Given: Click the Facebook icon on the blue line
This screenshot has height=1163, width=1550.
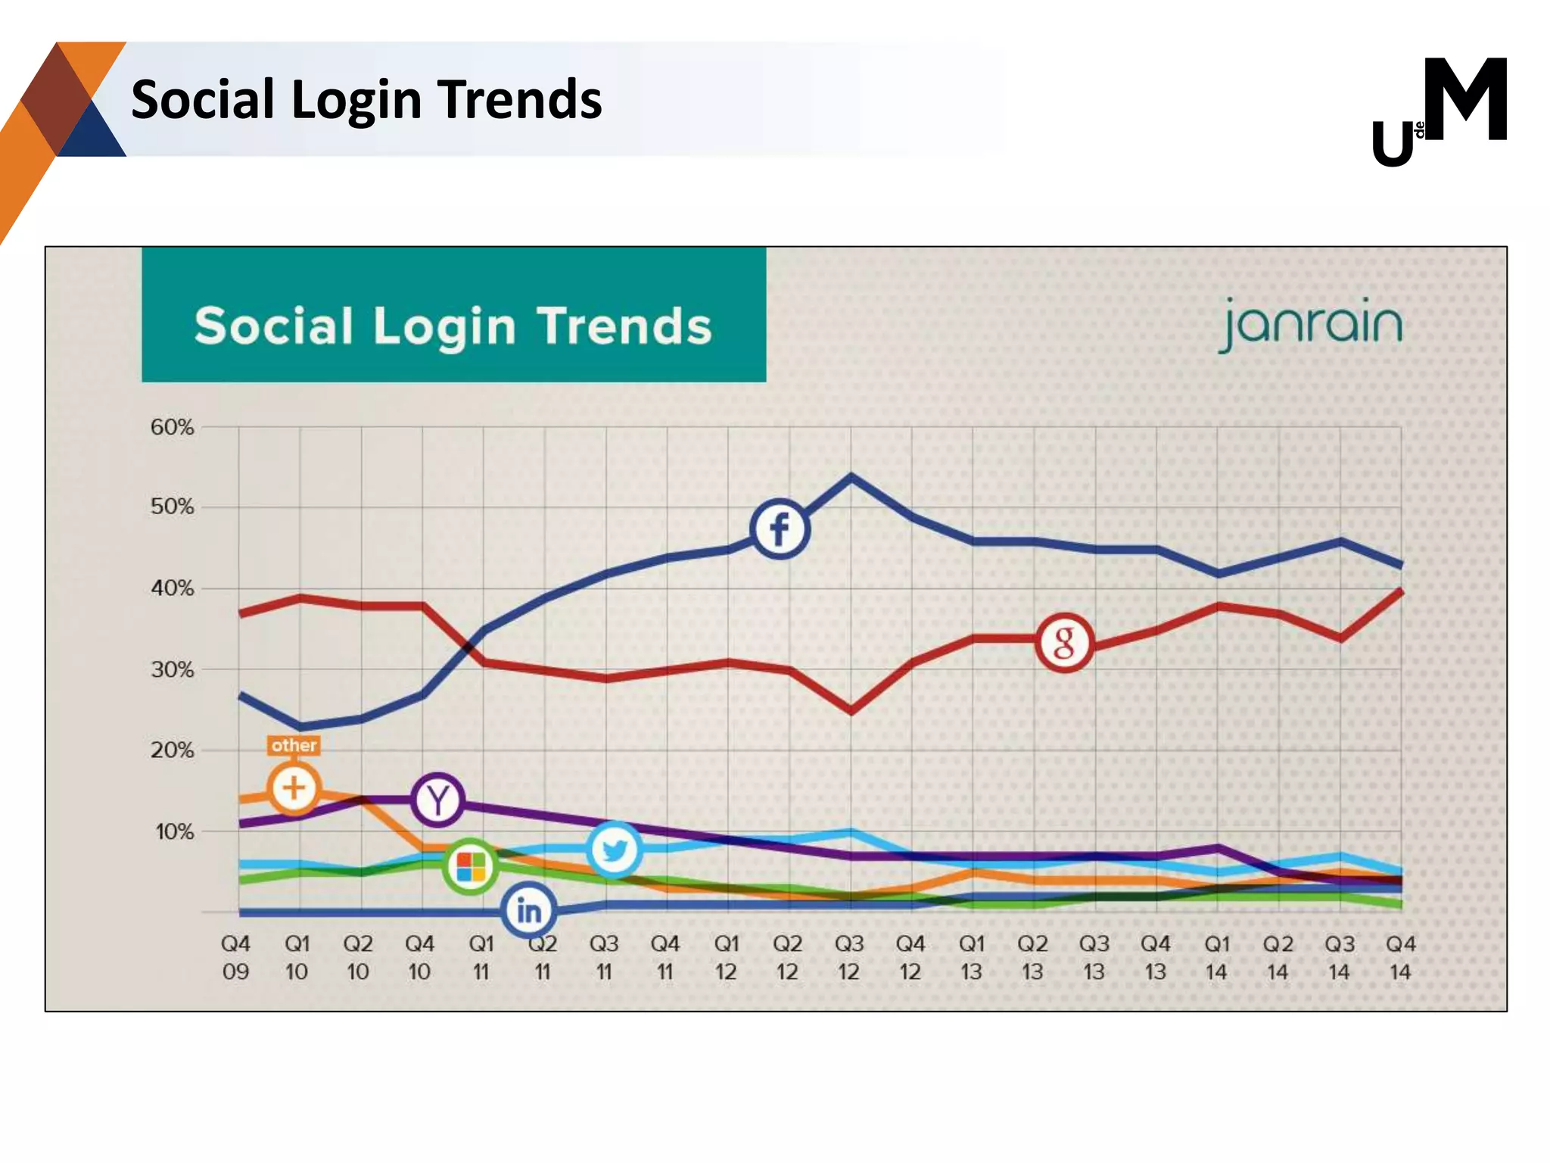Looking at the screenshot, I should pos(780,528).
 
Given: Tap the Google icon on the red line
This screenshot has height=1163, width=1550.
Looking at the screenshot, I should pos(1063,643).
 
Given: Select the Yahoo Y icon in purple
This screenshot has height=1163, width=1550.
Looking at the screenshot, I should pos(437,800).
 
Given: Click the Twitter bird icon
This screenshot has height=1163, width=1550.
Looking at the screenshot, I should pos(614,849).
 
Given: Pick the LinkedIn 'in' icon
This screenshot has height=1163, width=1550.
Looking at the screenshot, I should pos(528,911).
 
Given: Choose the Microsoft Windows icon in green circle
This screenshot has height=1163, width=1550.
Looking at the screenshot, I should pos(471,867).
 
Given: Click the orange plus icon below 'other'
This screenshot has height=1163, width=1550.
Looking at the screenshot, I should pos(294,788).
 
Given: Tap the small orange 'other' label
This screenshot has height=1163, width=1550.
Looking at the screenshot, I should pos(294,746).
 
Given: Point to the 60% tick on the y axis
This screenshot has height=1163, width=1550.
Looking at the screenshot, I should pos(172,427).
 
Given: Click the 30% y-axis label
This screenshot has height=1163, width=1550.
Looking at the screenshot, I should pos(172,669).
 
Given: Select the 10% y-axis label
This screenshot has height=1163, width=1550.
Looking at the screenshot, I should pos(174,831).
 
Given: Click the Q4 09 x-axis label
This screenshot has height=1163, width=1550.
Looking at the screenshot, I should pos(235,957).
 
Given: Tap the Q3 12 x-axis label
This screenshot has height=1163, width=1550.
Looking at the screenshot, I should pos(848,957).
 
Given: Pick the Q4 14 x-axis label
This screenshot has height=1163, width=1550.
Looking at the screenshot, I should pos(1400,957).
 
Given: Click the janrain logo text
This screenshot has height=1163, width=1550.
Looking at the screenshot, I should pos(1311,325).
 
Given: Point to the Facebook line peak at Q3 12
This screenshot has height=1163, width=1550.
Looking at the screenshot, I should pos(851,477).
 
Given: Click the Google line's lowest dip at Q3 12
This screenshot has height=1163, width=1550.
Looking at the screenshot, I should pos(851,711).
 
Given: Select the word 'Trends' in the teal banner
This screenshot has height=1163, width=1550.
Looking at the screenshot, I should pos(624,326).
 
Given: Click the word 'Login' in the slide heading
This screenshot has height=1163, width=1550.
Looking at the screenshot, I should pos(356,99).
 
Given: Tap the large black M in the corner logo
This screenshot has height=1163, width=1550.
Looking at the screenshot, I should pos(1464,99).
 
